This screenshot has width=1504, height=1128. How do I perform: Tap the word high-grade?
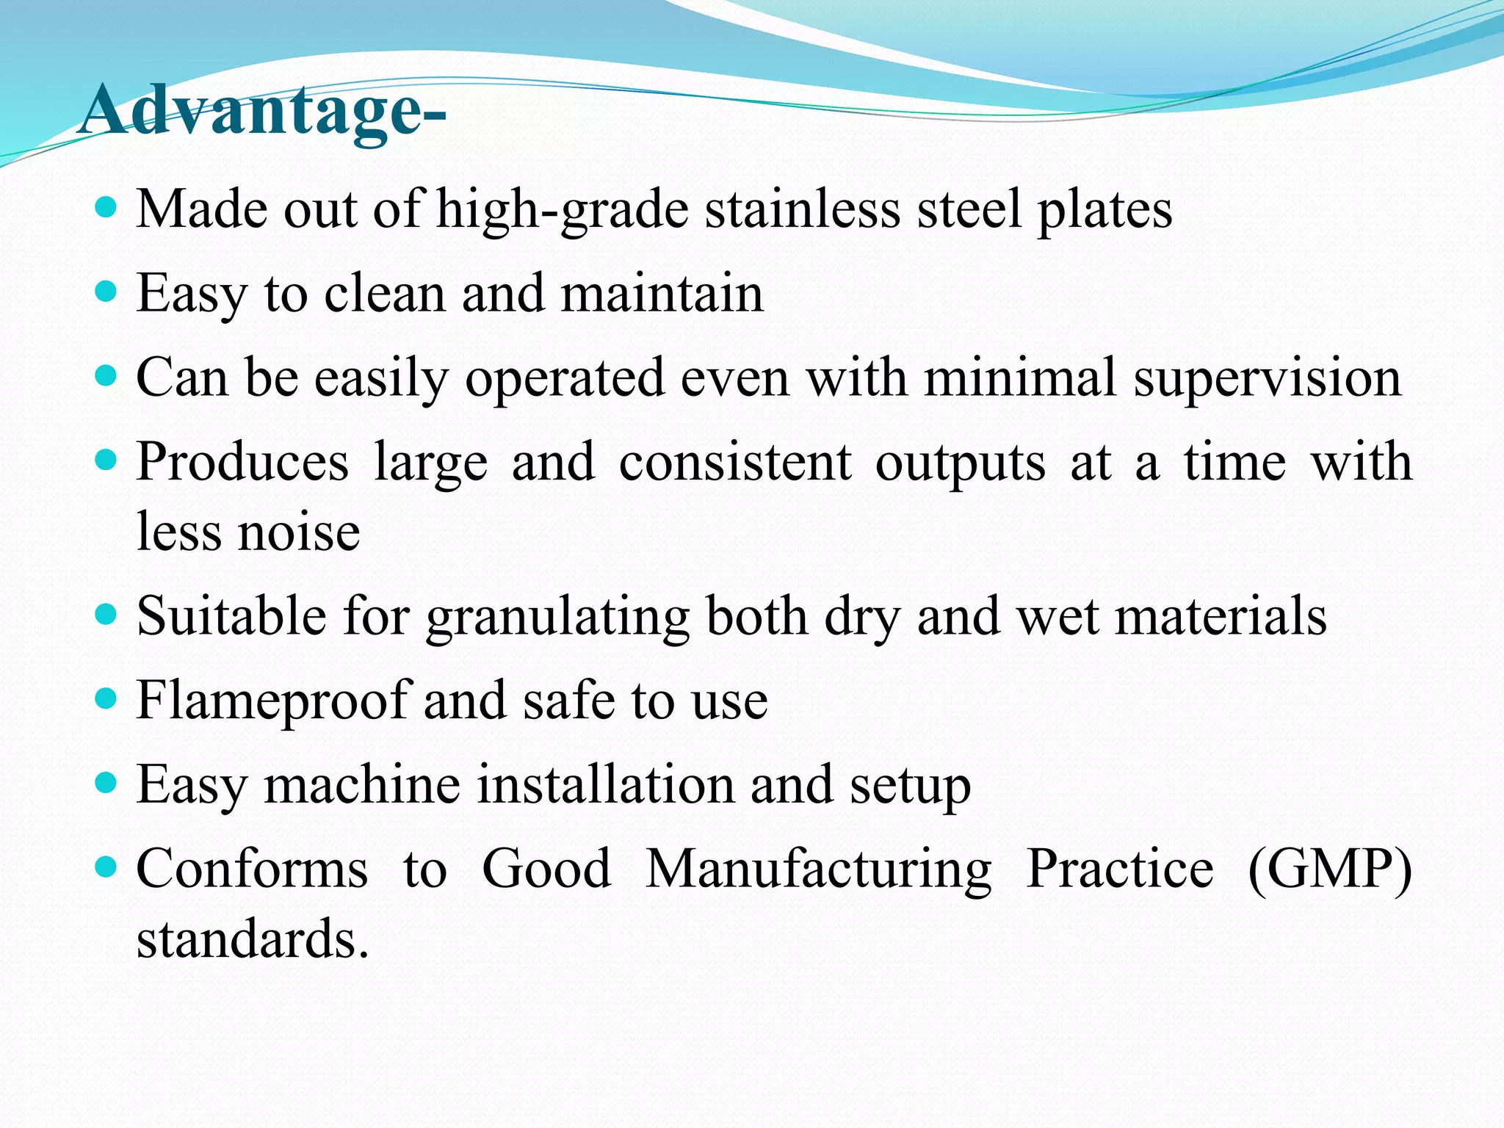pyautogui.click(x=563, y=210)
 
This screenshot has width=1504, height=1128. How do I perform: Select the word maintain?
pyautogui.click(x=662, y=294)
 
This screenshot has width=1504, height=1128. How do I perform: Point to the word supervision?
pyautogui.click(x=1267, y=379)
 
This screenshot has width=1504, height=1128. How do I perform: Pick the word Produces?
pyautogui.click(x=242, y=463)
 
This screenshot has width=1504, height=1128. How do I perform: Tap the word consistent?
pyautogui.click(x=735, y=463)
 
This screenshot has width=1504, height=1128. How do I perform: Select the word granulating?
pyautogui.click(x=557, y=617)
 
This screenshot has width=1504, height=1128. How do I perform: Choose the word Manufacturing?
pyautogui.click(x=818, y=869)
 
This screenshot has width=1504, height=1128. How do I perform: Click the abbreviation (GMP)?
pyautogui.click(x=1329, y=869)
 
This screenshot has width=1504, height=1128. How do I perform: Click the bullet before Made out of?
pyautogui.click(x=106, y=208)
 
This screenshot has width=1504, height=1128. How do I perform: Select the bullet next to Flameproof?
pyautogui.click(x=106, y=698)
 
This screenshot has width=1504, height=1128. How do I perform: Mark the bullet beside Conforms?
pyautogui.click(x=106, y=867)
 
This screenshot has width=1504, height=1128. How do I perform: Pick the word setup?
pyautogui.click(x=910, y=786)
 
